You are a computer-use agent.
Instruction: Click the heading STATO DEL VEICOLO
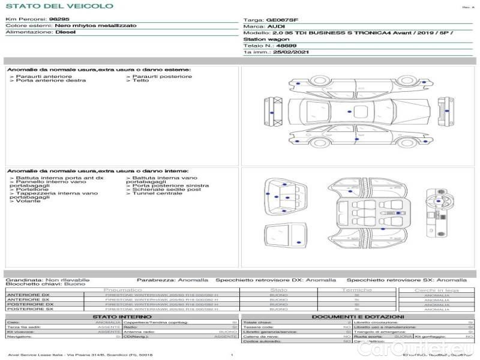59,6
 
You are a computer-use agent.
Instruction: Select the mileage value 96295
59,20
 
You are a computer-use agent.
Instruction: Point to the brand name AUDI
277,27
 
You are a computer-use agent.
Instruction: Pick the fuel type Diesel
65,32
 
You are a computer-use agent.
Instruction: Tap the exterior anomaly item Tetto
141,81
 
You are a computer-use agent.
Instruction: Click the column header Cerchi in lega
436,290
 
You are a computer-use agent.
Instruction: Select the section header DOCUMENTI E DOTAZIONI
358,316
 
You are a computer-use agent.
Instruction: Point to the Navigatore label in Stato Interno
20,337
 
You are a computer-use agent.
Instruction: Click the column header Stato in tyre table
279,290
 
